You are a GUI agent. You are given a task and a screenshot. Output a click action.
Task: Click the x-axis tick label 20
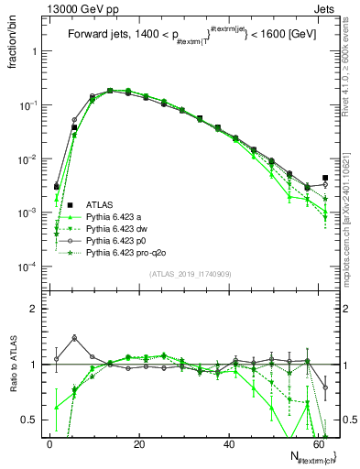pos(138,444)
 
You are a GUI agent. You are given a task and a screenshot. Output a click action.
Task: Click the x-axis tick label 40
pos(228,444)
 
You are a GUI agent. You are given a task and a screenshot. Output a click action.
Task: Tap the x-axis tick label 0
pos(49,444)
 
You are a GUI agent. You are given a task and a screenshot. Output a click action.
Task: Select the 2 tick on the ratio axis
pos(36,309)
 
